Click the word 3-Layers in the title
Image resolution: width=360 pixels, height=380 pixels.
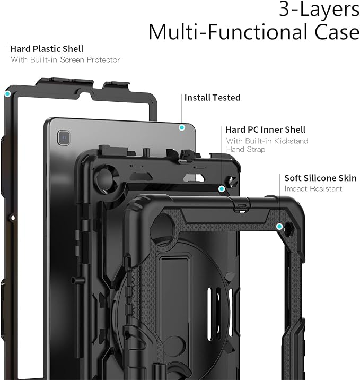click(319, 9)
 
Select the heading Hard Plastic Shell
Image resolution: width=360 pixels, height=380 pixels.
click(47, 49)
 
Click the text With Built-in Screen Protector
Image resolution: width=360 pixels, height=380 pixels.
click(65, 59)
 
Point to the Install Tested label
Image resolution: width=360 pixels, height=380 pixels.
click(212, 98)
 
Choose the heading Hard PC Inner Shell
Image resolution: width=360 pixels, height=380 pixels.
click(265, 129)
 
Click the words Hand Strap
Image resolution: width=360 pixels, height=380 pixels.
click(245, 149)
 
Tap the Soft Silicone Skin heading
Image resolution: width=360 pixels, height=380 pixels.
click(320, 178)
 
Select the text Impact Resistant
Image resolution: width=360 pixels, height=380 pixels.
click(313, 189)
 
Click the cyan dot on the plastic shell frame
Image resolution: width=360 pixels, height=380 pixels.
click(7, 94)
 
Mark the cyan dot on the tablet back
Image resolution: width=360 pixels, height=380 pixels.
click(182, 127)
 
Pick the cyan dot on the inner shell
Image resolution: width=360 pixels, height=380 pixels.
click(222, 189)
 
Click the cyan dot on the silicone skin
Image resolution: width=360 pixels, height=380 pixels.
click(279, 227)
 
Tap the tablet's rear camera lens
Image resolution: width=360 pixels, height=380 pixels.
click(64, 137)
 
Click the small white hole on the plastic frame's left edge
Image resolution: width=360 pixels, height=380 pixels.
click(13, 218)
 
